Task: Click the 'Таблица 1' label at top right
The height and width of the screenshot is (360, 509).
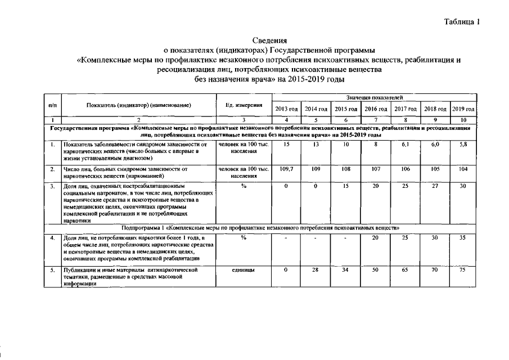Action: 462,22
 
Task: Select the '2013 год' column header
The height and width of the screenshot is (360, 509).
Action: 286,108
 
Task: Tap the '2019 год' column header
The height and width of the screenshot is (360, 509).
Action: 463,108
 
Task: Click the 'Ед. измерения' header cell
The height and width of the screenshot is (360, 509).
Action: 244,105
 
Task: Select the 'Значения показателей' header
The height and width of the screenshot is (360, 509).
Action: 374,98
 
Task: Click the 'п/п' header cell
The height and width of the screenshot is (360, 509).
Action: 52,105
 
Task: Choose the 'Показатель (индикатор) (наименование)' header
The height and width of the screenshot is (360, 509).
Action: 139,105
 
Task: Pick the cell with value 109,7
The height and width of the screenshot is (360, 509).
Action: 286,169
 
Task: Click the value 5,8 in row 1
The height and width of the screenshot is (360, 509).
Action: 463,145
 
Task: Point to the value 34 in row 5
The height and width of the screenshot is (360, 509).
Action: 346,271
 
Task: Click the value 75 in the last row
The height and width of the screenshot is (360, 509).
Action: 463,271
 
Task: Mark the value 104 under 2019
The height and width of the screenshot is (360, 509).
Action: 463,169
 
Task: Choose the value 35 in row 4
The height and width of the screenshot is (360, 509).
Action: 463,238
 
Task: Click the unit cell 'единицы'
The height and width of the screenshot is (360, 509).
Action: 244,271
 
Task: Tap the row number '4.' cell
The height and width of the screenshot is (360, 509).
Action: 52,238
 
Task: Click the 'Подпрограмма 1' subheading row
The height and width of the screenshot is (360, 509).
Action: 260,228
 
